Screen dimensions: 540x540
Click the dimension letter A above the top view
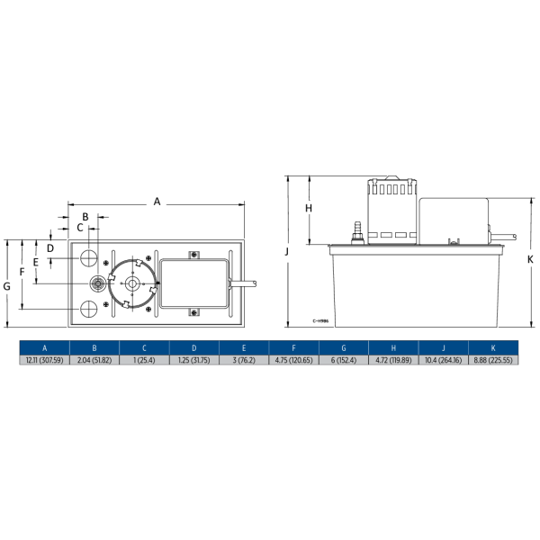157,202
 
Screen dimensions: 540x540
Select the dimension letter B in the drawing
85,217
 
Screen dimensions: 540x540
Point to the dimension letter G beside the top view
7,285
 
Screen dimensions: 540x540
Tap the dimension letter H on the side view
308,208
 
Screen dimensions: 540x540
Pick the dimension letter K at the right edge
530,258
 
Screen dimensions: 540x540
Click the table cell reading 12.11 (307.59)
44,360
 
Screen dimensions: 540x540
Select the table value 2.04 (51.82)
94,360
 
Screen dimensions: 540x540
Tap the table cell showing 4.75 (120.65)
293,360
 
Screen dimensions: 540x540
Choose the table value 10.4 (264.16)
443,360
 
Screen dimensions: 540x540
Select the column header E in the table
244,347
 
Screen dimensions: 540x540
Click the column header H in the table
393,347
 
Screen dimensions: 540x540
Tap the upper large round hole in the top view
89,258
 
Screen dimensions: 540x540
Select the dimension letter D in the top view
50,247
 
